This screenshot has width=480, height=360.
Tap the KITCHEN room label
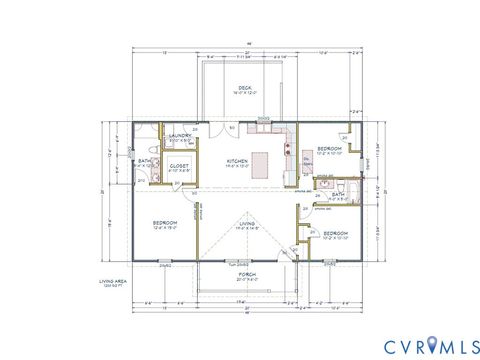237,160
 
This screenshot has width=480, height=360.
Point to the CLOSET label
180,167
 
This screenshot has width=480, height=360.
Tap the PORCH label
246,272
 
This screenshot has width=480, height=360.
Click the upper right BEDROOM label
330,149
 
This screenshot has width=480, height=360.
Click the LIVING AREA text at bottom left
112,281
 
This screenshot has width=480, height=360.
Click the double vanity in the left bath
139,177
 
